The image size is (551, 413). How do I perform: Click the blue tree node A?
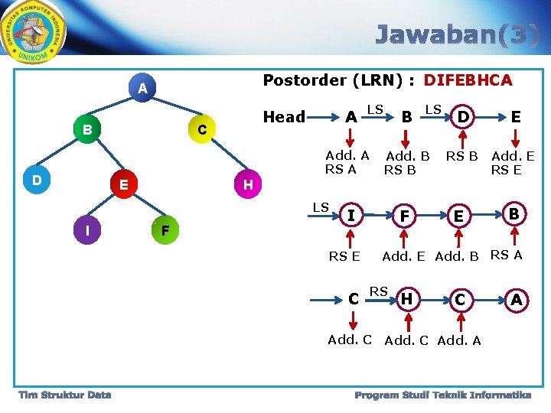click(x=142, y=88)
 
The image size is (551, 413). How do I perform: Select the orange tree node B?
click(x=87, y=129)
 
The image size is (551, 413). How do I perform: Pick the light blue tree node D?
click(x=36, y=180)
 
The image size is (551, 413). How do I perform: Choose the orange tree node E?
click(x=123, y=184)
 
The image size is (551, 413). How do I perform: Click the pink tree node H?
click(x=248, y=184)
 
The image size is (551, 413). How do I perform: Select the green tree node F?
click(x=165, y=229)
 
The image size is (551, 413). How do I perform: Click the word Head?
click(x=284, y=116)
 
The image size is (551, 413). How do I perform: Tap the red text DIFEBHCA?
click(x=468, y=80)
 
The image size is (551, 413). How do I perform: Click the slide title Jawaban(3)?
click(x=457, y=34)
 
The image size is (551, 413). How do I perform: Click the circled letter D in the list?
click(x=462, y=117)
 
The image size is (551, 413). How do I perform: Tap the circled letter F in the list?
click(x=404, y=216)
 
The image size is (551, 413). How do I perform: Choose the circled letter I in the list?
click(x=350, y=216)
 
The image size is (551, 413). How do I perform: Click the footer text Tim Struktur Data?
click(x=65, y=395)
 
